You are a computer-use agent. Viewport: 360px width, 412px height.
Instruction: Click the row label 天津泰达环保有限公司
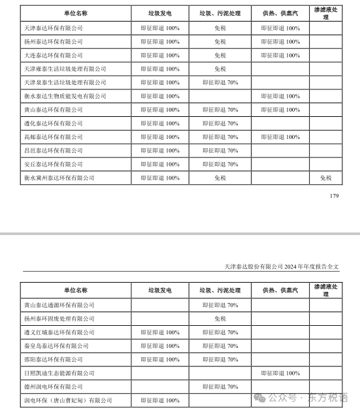click(54, 28)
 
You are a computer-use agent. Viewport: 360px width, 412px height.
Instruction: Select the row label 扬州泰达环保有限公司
click(54, 42)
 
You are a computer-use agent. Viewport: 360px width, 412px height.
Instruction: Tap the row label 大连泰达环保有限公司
click(54, 55)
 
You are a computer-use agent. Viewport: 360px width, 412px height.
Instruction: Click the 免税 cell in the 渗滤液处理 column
click(325, 178)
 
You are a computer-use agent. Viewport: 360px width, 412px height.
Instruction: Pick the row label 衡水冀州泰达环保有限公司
click(59, 178)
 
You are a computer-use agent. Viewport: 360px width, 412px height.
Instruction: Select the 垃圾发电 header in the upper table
click(159, 13)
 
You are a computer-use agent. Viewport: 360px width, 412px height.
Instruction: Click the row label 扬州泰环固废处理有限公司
click(59, 319)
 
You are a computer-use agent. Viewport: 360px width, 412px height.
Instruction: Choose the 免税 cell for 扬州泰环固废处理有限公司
click(220, 319)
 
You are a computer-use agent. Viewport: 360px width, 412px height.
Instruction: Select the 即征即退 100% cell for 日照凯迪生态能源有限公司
click(280, 373)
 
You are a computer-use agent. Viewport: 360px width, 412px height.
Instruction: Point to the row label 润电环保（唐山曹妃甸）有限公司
click(68, 400)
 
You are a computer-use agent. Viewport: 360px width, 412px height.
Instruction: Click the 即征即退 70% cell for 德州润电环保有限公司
click(220, 387)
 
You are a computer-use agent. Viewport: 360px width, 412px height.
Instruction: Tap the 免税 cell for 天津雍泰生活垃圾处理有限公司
click(220, 69)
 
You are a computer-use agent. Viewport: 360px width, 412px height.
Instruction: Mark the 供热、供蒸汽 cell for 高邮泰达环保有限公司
click(280, 137)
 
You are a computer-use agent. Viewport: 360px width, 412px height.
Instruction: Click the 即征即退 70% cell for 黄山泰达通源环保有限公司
click(220, 305)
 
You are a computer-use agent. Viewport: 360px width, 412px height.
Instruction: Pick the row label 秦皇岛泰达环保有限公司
click(56, 346)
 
